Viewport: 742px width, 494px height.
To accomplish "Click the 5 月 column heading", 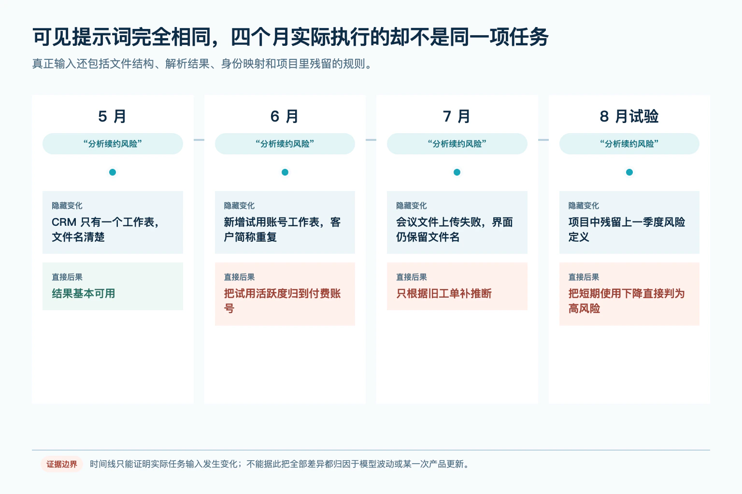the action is (112, 116).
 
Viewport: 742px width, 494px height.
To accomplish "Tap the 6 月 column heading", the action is (285, 116).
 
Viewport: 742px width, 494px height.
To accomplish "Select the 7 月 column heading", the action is (457, 116).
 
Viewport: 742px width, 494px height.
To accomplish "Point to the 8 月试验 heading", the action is (629, 116).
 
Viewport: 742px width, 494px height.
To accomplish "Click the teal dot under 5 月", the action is (113, 172).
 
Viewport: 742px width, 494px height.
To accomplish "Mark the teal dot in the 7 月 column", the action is (457, 172).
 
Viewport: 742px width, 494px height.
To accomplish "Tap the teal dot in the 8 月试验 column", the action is (629, 172).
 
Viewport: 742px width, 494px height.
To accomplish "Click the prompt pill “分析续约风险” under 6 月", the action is (285, 144).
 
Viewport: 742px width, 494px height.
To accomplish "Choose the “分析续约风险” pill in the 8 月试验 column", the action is (629, 144).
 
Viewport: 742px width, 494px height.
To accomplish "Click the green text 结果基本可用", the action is (84, 293).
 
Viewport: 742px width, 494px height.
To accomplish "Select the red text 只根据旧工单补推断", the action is (444, 293).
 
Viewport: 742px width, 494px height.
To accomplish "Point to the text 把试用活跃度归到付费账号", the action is (282, 301).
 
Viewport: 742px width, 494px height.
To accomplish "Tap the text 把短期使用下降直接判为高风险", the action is (627, 301).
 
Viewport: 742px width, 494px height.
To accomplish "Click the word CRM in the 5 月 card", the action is (64, 222).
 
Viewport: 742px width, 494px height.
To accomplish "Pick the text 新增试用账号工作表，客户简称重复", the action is (282, 229).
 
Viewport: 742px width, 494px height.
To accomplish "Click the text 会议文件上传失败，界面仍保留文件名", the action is (455, 229).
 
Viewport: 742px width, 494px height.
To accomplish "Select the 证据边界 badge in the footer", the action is (62, 464).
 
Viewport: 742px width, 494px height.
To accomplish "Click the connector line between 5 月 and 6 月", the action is (199, 140).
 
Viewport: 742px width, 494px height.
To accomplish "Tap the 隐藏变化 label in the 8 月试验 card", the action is (584, 206).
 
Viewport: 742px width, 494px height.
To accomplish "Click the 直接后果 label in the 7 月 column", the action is (412, 277).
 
